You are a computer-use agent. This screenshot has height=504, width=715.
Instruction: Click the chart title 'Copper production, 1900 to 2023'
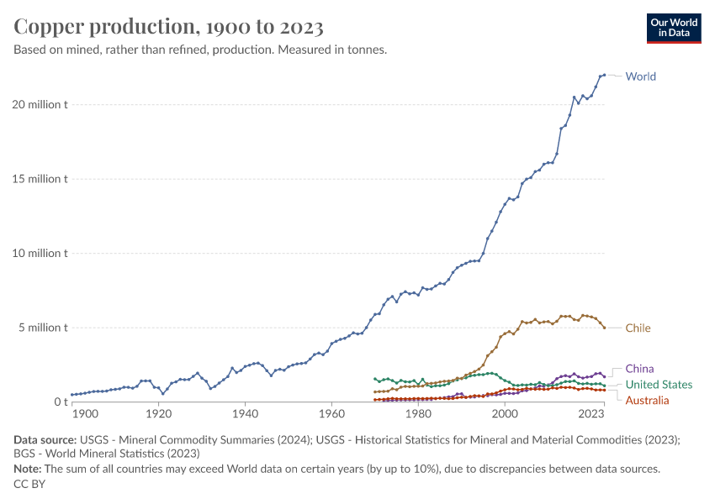tap(168, 26)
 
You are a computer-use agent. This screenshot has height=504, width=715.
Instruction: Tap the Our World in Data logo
tap(674, 29)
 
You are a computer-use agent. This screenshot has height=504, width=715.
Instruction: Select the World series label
tap(640, 76)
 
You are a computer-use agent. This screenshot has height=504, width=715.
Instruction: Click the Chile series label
tap(638, 328)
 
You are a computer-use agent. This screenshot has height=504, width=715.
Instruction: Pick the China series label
tap(639, 369)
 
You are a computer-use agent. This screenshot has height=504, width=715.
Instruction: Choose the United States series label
tap(659, 385)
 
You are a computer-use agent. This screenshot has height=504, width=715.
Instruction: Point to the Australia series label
tap(647, 401)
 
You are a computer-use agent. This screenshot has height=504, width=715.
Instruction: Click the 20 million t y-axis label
tap(40, 105)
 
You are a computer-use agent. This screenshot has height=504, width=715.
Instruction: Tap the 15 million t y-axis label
tap(40, 179)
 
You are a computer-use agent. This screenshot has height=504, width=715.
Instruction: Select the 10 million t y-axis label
tap(40, 253)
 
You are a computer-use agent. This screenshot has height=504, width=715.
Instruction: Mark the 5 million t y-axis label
tap(43, 328)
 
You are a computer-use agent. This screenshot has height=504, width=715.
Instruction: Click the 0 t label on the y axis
tap(61, 402)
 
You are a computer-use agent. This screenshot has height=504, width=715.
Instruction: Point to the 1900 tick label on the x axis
tap(85, 414)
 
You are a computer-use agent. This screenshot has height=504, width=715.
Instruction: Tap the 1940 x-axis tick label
tap(245, 414)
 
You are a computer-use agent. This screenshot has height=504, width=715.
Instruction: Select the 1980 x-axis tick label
tap(418, 414)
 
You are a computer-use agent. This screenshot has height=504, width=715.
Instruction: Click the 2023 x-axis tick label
tap(591, 414)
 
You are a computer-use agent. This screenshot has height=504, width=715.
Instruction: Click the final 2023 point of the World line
tap(604, 75)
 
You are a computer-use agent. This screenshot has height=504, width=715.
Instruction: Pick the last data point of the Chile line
tap(604, 328)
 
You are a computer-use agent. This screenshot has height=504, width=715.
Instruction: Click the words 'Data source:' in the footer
tap(45, 440)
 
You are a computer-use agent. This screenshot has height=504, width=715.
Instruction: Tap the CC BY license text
tap(29, 484)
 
